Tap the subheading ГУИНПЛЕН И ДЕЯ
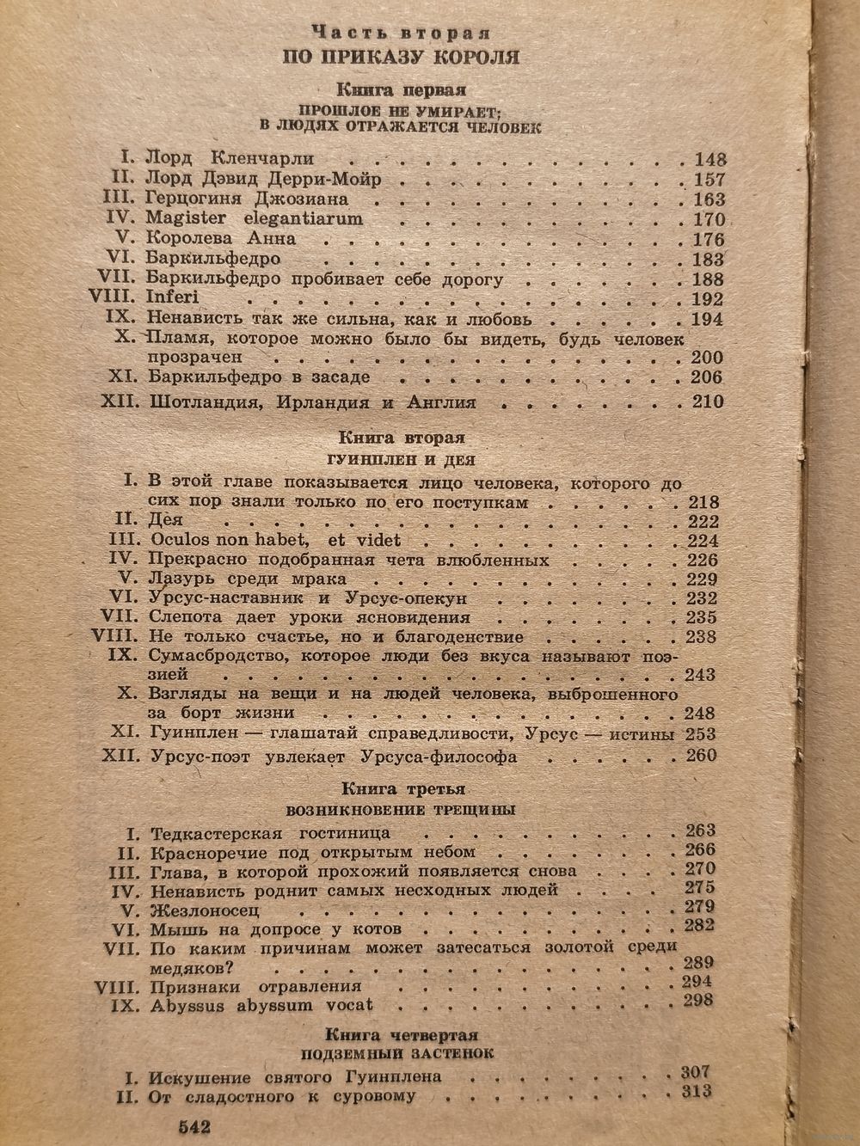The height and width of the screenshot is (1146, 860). (x=401, y=461)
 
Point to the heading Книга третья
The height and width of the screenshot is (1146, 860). (x=402, y=787)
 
